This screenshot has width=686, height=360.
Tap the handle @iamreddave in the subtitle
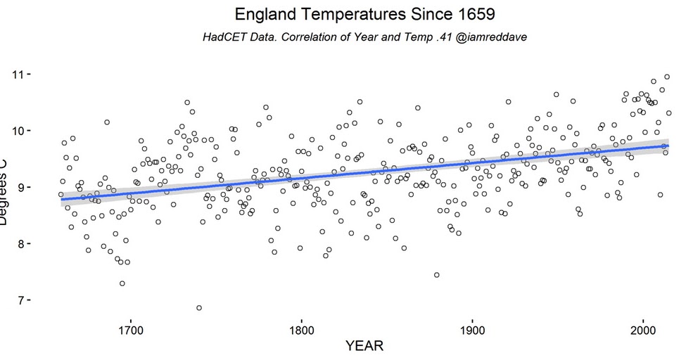493,37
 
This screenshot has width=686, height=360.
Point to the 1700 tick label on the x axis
130,330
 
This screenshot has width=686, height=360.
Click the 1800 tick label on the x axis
301,330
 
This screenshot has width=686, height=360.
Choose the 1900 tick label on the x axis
472,330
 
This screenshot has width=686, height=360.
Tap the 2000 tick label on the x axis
643,330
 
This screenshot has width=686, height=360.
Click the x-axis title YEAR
364,347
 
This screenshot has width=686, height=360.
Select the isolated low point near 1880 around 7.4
437,275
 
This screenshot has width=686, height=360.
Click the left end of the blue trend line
62,200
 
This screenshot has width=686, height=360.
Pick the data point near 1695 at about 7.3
122,283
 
